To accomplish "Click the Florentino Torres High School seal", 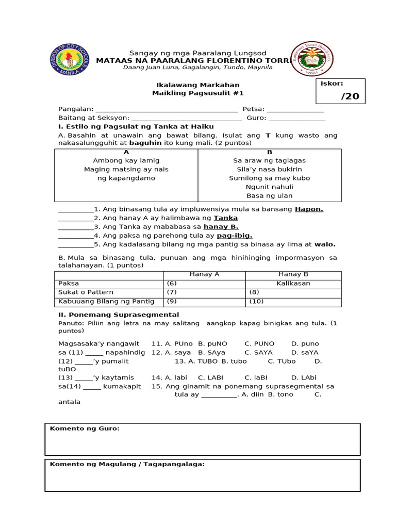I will pos(312,58).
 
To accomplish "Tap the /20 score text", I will pos(350,96).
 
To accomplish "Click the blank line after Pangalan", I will pos(167,109).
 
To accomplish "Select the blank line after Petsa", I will pos(295,109).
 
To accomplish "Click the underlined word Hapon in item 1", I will pos(309,209).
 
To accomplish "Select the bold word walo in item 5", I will pos(325,244).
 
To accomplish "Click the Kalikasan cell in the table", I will pos(293,284).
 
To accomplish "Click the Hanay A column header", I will pos(204,275).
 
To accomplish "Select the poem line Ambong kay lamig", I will pos(126,160).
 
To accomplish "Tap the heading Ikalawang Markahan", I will pos(197,85).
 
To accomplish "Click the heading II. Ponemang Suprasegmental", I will pos(119,315).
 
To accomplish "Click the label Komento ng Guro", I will pos(85,428).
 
